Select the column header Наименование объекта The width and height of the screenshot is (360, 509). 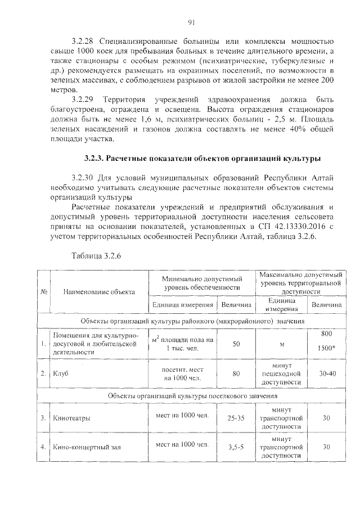click(99, 292)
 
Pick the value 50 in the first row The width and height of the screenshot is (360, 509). click(236, 343)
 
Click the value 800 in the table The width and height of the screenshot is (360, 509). click(326, 334)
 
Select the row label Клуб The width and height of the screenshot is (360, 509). click(61, 373)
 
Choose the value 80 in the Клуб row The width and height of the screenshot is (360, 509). click(236, 373)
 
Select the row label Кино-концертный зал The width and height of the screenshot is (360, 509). click(87, 448)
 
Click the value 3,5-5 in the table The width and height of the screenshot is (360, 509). click(236, 448)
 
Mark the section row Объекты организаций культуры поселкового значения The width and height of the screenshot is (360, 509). click(191, 397)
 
